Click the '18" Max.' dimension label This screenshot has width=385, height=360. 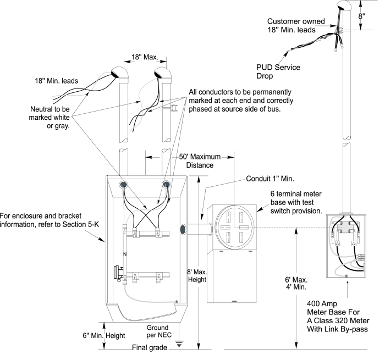pos(145,57)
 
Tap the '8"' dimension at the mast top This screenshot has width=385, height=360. pos(361,16)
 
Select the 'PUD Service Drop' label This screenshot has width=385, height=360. pos(278,71)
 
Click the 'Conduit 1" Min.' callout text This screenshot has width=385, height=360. pos(270,179)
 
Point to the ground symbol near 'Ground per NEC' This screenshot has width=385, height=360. pos(179,344)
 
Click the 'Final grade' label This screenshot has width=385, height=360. pos(150,347)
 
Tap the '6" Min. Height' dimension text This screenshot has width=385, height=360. pos(104,335)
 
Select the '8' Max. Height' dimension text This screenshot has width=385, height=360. pos(197,276)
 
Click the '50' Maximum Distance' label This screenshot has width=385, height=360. pos(200,161)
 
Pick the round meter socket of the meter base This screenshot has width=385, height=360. pos(234,227)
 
